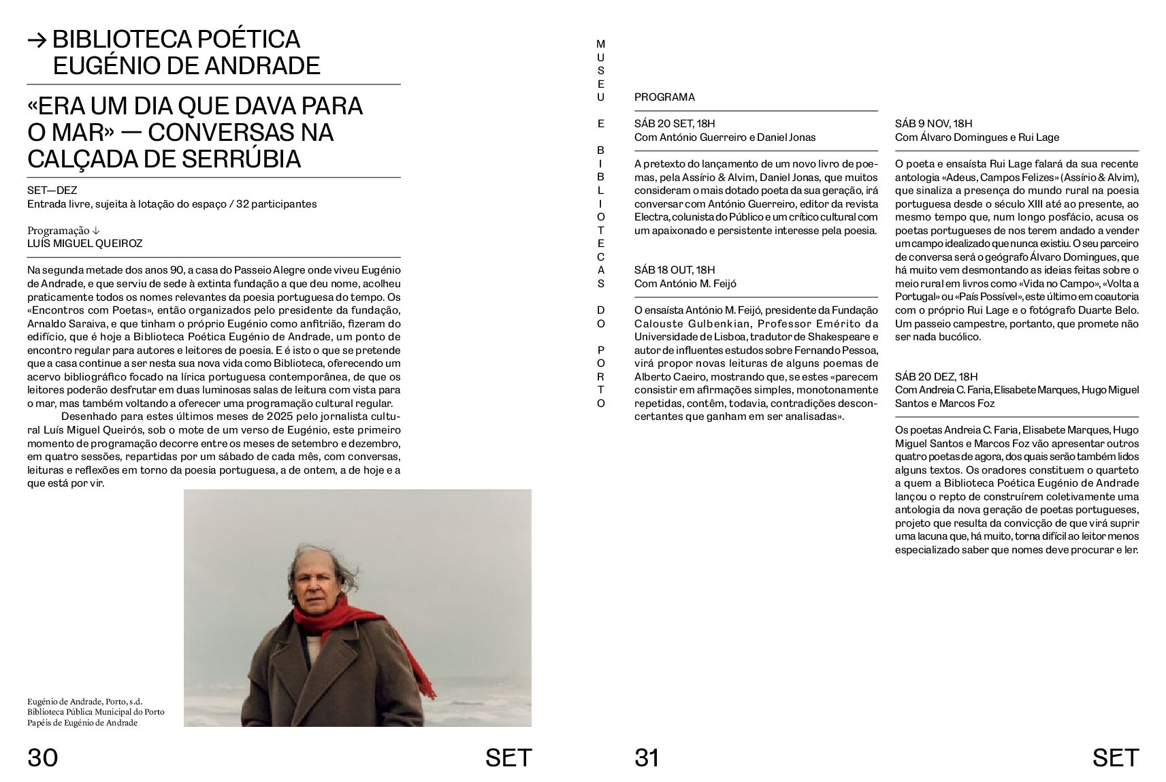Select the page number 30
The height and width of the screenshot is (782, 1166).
[x=42, y=757]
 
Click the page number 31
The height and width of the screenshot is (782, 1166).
[x=647, y=757]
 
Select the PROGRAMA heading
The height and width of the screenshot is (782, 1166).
[x=664, y=97]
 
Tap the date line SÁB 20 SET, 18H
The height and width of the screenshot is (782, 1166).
[x=675, y=123]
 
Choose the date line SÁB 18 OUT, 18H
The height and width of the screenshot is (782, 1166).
[x=675, y=270]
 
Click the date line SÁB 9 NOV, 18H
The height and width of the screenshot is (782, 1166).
[x=933, y=123]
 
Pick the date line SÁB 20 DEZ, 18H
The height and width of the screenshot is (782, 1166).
[x=936, y=376]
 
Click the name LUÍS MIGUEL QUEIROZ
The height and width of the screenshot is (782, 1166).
[x=84, y=243]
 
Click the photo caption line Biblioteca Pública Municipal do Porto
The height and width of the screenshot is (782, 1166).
[x=95, y=712]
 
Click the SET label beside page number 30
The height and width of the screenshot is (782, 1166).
[x=508, y=757]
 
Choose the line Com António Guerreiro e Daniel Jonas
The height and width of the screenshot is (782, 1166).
[x=724, y=137]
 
